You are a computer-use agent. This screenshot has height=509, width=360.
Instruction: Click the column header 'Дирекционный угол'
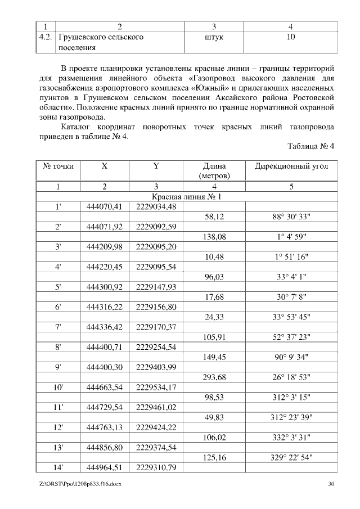291,166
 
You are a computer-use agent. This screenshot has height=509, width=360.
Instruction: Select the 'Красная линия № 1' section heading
187,197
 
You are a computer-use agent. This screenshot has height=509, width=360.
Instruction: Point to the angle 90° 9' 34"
291,357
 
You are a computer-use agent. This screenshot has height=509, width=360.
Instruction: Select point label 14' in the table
58,467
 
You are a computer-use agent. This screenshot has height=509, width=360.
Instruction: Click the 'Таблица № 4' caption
311,146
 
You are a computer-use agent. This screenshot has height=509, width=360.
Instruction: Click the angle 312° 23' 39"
291,417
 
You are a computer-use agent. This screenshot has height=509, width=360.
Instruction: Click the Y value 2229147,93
156,287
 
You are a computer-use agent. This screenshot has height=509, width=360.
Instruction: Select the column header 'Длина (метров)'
214,171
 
